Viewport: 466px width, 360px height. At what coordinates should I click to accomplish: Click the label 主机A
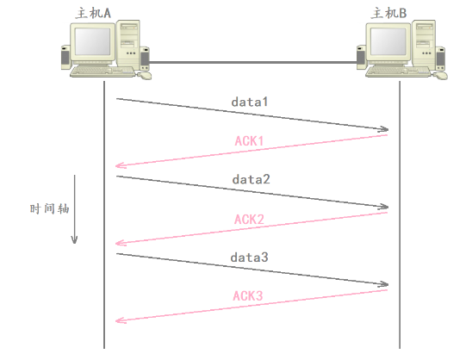tap(93, 13)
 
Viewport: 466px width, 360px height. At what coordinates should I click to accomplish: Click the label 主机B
tap(388, 13)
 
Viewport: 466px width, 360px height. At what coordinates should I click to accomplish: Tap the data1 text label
tap(250, 102)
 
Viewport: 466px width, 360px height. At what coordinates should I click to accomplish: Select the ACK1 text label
tap(249, 140)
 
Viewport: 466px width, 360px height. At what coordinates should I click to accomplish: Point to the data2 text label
tap(252, 179)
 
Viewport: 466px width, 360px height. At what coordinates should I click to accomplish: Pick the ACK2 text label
tap(249, 220)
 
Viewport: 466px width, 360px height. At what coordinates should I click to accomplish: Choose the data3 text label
tap(249, 258)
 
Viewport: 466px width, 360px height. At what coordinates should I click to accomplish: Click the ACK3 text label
tap(248, 296)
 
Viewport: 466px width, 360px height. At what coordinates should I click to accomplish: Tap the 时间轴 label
tap(49, 208)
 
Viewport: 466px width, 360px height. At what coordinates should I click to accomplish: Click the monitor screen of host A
tap(92, 41)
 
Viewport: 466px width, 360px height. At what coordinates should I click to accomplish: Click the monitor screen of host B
tap(388, 41)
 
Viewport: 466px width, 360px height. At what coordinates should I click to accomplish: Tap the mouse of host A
tap(145, 76)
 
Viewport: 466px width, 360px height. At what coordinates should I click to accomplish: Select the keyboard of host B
tap(398, 71)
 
